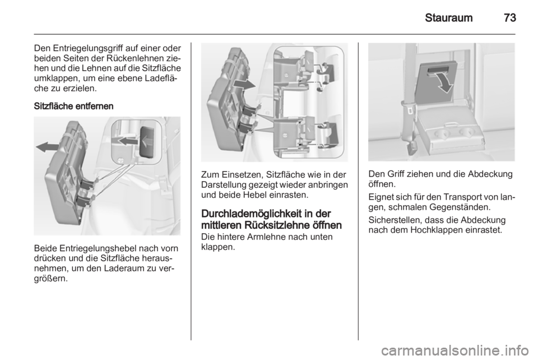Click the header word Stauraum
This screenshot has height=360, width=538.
(x=448, y=17)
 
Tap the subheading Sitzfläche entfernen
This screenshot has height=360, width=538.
(x=73, y=106)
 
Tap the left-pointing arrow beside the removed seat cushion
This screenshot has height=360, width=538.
(x=47, y=147)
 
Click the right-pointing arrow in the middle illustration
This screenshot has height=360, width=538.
(x=244, y=85)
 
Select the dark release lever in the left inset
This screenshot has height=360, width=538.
(x=147, y=142)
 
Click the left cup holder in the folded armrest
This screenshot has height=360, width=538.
(x=442, y=133)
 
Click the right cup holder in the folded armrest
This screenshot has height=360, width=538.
(x=466, y=132)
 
